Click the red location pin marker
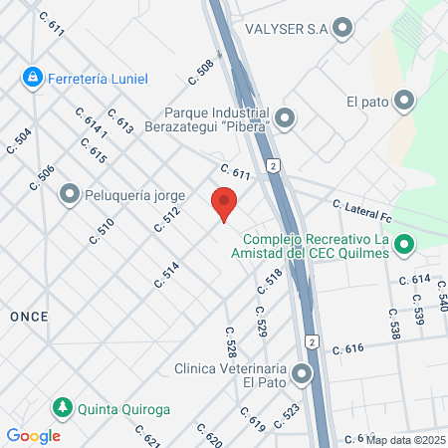225,202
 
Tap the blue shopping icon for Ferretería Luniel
34,76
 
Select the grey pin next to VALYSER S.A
344,28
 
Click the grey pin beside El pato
404,101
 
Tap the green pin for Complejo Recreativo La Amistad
404,244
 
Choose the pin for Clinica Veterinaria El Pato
302,374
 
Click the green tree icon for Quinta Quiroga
62,407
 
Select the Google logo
33,436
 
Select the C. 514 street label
166,275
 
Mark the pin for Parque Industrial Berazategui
286,119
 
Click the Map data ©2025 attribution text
405,439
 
